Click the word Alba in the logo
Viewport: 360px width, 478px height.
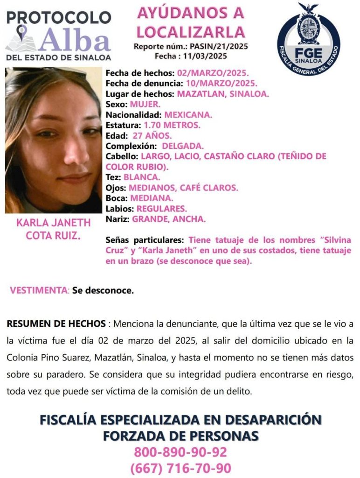pos(75,39)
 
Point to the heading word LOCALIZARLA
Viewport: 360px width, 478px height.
pos(190,32)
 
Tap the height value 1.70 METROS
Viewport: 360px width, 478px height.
pos(172,125)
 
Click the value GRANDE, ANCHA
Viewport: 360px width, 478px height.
pos(169,218)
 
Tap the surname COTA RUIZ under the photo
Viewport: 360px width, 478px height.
pos(53,236)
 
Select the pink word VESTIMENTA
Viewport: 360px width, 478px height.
pos(39,290)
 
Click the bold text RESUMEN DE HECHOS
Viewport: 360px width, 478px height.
pos(56,323)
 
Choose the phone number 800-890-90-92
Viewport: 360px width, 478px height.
pos(180,452)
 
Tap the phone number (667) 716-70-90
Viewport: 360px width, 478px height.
pos(180,468)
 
